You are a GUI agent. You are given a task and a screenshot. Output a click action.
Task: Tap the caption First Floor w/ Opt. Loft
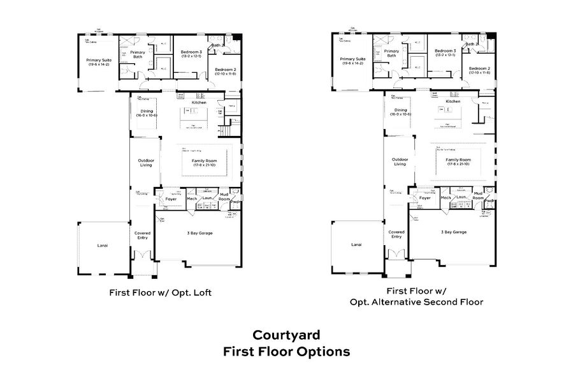(x=161, y=293)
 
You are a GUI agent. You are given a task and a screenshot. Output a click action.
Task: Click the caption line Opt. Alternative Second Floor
(x=416, y=302)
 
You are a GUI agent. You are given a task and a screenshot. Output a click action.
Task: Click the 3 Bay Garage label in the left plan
(x=199, y=234)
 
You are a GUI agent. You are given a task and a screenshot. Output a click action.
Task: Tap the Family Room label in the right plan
(x=458, y=160)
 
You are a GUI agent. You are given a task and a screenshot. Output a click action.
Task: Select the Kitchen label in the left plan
(x=199, y=102)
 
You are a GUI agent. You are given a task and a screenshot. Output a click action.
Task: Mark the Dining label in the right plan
(x=400, y=110)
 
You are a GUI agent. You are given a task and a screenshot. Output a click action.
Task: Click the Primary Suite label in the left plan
(x=98, y=62)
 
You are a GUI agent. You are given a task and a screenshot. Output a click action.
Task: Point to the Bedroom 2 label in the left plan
(x=226, y=70)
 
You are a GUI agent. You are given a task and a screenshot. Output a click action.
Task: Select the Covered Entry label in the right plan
(x=396, y=234)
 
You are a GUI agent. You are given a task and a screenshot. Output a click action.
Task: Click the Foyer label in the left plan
(x=171, y=199)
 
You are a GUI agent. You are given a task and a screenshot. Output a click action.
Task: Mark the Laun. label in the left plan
(x=207, y=199)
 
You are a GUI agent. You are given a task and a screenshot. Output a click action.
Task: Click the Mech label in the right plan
(x=446, y=198)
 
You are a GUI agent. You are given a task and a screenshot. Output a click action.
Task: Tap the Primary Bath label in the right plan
(x=391, y=54)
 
